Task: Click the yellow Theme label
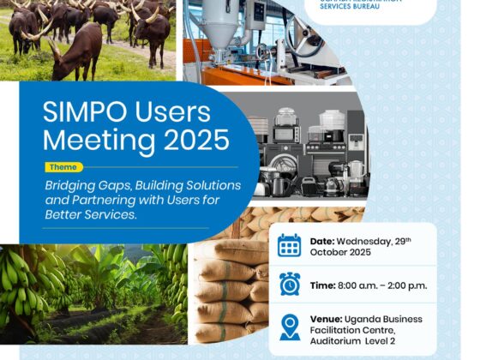tap(64, 167)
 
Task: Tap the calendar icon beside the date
tap(290, 246)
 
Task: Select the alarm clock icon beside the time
tap(290, 285)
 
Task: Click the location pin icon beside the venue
tap(290, 327)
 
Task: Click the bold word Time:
tap(327, 285)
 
